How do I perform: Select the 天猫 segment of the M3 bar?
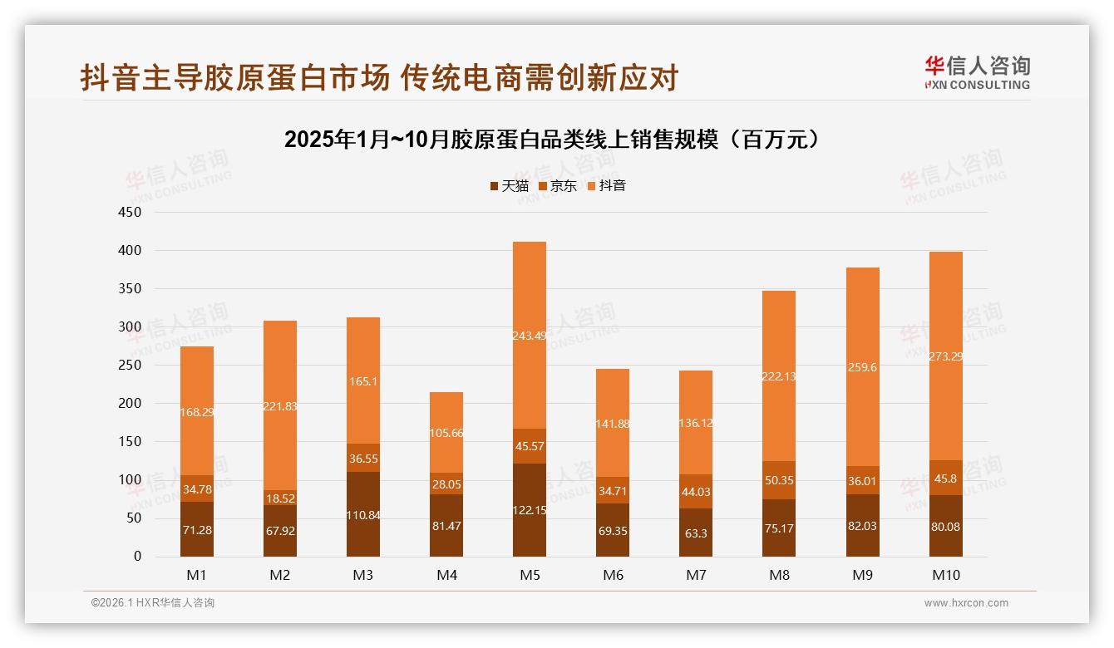pyautogui.click(x=363, y=514)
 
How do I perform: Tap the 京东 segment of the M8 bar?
pyautogui.click(x=779, y=480)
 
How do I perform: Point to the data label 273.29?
pyautogui.click(x=946, y=356)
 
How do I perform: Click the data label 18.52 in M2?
pyautogui.click(x=280, y=498)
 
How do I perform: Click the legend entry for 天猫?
pyautogui.click(x=509, y=186)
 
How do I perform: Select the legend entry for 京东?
pyautogui.click(x=557, y=186)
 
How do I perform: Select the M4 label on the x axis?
pyautogui.click(x=446, y=575)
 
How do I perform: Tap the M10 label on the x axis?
pyautogui.click(x=946, y=575)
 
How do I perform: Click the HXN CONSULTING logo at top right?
pyautogui.click(x=977, y=73)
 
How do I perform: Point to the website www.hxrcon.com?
pyautogui.click(x=966, y=603)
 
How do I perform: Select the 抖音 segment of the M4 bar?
pyautogui.click(x=446, y=432)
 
